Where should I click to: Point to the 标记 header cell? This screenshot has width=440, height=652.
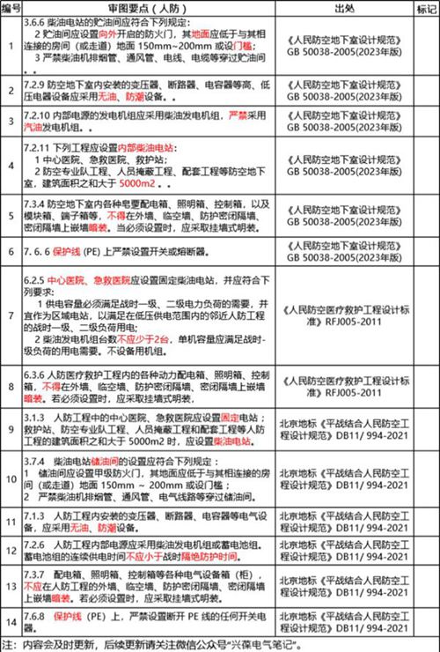pos(423,8)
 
